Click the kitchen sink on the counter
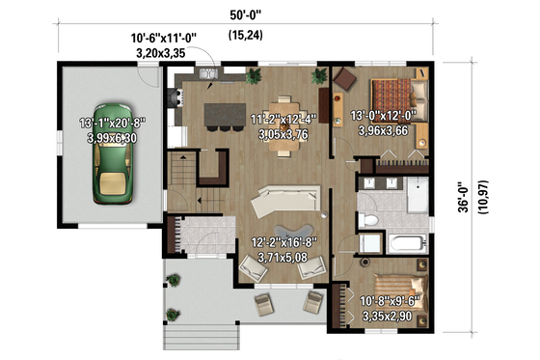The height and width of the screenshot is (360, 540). [x=208, y=73]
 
